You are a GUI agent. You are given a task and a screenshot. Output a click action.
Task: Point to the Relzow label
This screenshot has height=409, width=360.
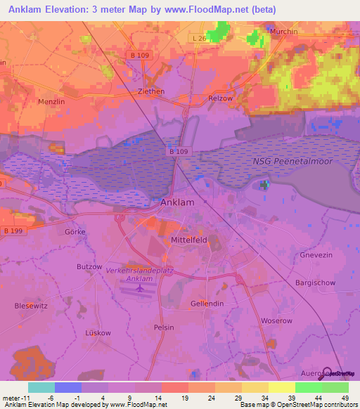pos(220,98)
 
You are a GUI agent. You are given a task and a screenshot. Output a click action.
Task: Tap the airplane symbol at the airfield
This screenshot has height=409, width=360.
pos(139,287)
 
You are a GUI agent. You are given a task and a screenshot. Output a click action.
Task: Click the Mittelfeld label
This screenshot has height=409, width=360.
pos(189,240)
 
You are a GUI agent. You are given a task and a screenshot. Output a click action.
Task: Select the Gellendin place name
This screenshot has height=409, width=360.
pos(207,303)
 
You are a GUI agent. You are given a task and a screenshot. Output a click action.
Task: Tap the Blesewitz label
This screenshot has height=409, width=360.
pos(31,306)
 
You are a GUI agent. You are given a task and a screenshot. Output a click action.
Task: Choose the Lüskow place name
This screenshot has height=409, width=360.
pos(98,332)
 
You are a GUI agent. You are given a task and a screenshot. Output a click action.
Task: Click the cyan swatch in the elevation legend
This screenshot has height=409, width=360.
pos(41,387)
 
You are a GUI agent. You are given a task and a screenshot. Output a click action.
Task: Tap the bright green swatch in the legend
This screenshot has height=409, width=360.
pos(308,387)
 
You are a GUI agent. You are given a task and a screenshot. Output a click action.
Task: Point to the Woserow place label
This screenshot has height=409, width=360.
pos(276,320)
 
